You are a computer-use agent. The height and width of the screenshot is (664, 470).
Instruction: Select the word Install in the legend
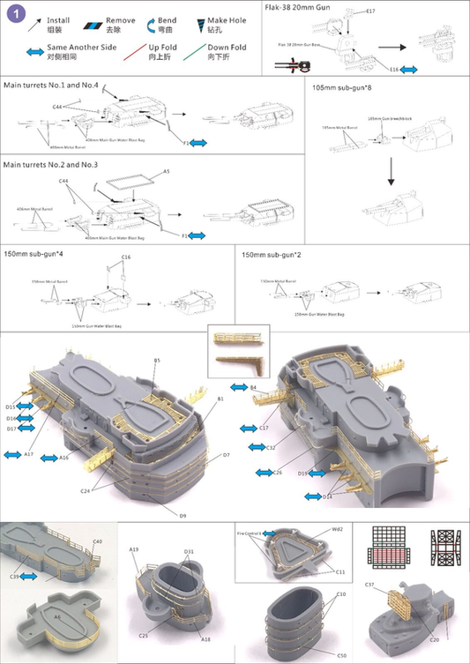coord(58,19)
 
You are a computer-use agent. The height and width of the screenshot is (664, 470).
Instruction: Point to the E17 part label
coord(371,11)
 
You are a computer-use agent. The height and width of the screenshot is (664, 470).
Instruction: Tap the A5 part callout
coord(167,172)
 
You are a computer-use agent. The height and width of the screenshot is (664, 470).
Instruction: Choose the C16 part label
coord(126,257)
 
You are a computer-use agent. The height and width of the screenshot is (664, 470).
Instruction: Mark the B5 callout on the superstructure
coord(157,361)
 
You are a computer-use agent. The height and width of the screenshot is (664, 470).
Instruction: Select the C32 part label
coord(272,448)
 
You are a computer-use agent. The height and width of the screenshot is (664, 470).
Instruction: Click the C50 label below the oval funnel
coord(341,655)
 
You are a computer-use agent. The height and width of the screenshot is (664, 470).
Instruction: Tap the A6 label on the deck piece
coord(57,618)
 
